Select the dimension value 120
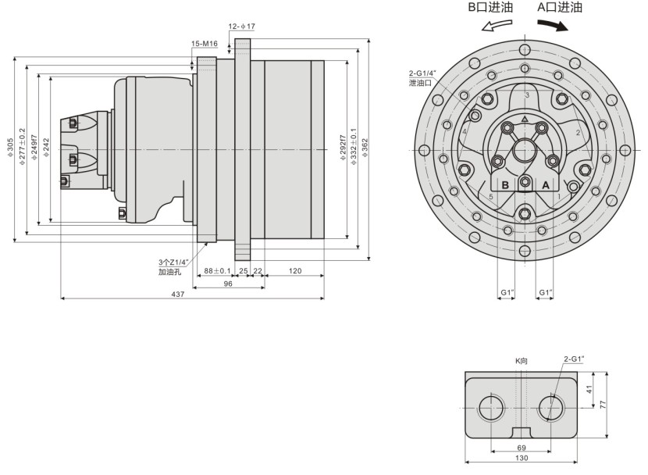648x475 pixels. click(x=295, y=270)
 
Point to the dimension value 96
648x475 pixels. click(x=228, y=284)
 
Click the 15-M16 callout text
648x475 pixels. click(x=204, y=43)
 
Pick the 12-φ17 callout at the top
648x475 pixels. click(x=241, y=26)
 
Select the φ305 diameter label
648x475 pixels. click(x=11, y=148)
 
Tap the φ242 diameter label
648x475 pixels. click(x=47, y=148)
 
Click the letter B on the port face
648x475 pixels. click(x=505, y=184)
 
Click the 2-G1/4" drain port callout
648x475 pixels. click(x=422, y=77)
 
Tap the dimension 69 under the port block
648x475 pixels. click(x=522, y=448)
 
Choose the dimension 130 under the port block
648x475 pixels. click(x=522, y=461)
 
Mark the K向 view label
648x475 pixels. click(x=522, y=361)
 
